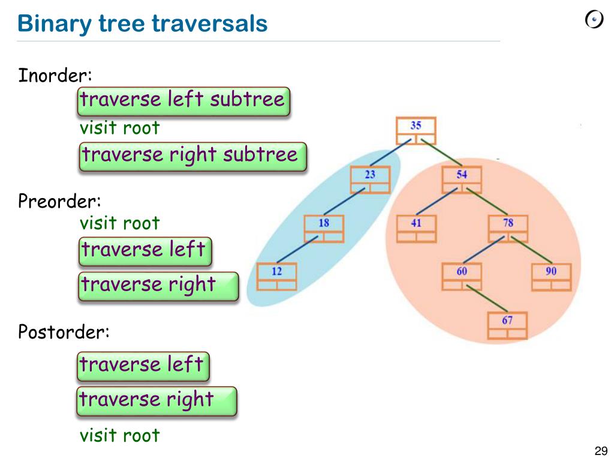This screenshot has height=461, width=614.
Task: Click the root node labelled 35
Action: pos(416,131)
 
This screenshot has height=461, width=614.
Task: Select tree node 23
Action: pos(369,179)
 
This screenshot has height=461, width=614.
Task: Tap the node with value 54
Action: pos(461,179)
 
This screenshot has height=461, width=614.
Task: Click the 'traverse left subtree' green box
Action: pos(183,100)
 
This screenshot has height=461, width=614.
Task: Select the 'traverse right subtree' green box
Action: pos(191,156)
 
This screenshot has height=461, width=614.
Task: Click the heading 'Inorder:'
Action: pos(55,76)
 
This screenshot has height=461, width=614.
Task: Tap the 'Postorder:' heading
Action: pos(64,331)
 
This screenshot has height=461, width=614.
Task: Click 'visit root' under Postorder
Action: pos(120,435)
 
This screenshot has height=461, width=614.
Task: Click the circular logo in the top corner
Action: pos(594,20)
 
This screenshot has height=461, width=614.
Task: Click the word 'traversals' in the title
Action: pos(209,24)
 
